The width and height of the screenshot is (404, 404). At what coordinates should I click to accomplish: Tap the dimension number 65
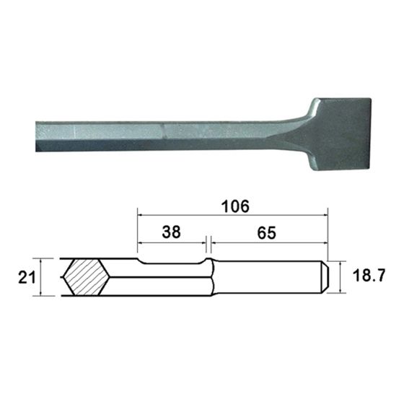[268, 232]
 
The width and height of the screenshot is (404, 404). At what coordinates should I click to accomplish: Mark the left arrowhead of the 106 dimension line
[139, 214]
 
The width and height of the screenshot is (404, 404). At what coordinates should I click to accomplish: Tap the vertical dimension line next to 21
[44, 277]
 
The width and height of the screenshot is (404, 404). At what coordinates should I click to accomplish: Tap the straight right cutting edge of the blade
[370, 134]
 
